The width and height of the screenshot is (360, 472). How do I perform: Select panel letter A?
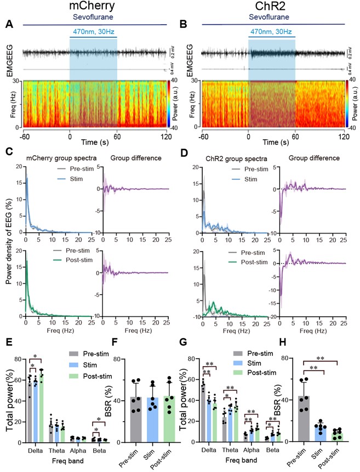(x=9, y=24)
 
